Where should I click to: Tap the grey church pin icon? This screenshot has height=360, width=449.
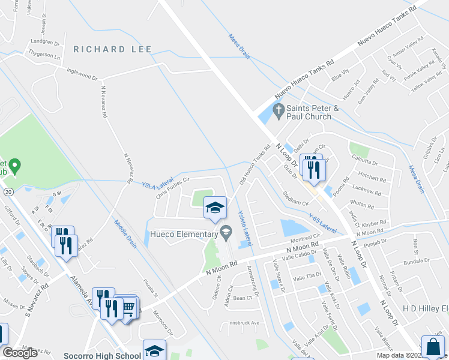pyautogui.click(x=277, y=110)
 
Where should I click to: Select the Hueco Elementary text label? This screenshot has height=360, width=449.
pyautogui.click(x=184, y=234)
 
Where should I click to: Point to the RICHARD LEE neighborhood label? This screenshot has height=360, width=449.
pyautogui.click(x=109, y=49)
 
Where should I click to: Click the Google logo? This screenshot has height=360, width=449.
pyautogui.click(x=20, y=353)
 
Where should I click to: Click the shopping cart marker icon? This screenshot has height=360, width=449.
pyautogui.click(x=128, y=308)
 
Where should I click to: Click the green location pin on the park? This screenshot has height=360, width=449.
pyautogui.click(x=16, y=164)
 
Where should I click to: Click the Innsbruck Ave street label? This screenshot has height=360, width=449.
pyautogui.click(x=243, y=323)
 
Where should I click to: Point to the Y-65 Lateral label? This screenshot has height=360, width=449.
pyautogui.click(x=322, y=223)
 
